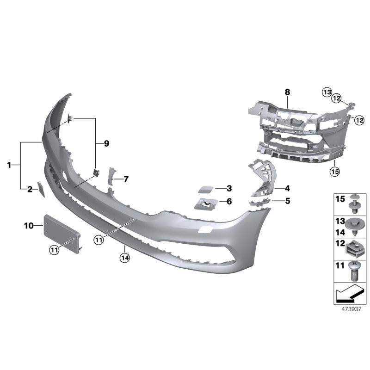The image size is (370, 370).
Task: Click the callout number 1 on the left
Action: click(9, 165)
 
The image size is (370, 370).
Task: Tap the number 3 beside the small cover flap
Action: click(228, 188)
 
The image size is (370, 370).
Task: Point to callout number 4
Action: click(287, 188)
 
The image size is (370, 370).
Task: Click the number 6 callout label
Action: click(228, 202)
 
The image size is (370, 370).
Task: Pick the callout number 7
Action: click(125, 179)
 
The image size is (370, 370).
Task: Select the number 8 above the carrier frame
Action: click(287, 92)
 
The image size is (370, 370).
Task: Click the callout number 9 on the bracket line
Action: click(106, 144)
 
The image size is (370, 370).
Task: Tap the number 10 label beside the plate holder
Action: click(29, 226)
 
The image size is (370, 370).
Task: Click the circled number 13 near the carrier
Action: click(327, 92)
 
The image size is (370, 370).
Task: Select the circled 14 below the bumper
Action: click(124, 258)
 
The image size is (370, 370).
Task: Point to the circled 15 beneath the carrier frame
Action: click(334, 172)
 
